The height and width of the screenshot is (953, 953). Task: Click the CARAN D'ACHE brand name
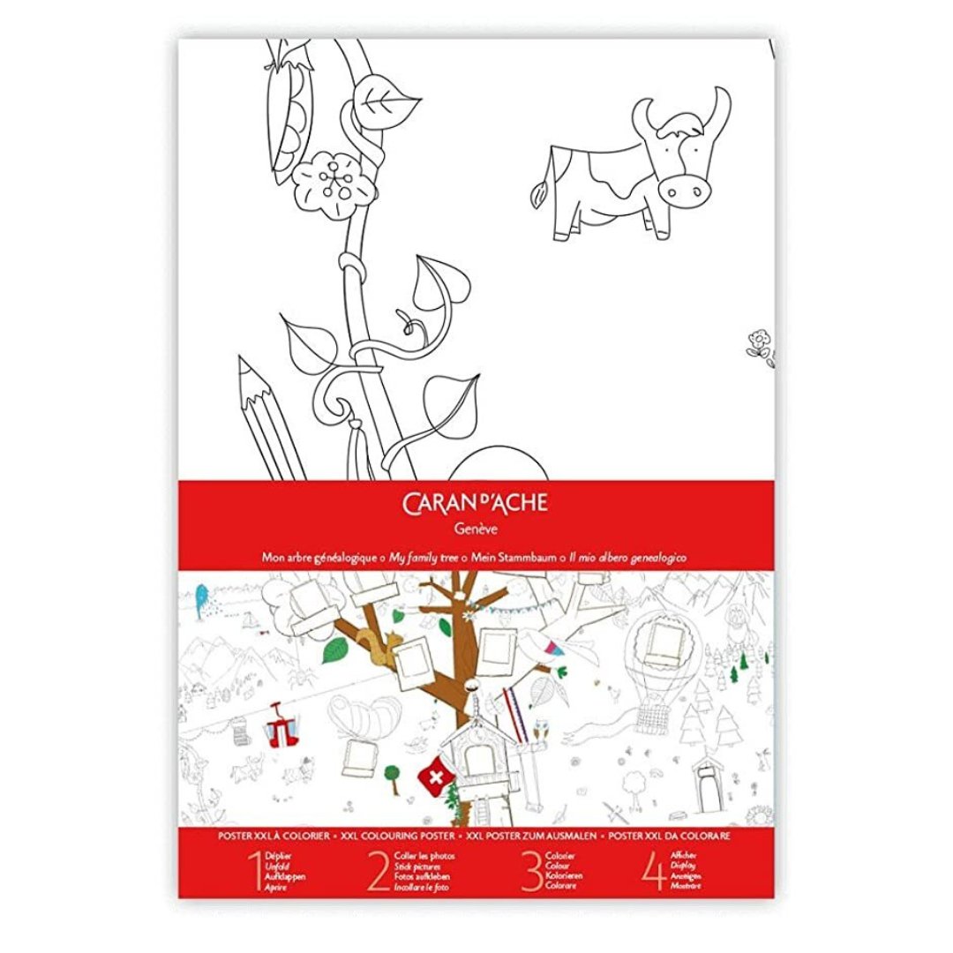point(476,505)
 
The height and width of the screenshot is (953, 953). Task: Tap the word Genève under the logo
point(476,529)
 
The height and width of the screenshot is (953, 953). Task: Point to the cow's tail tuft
point(537,190)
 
